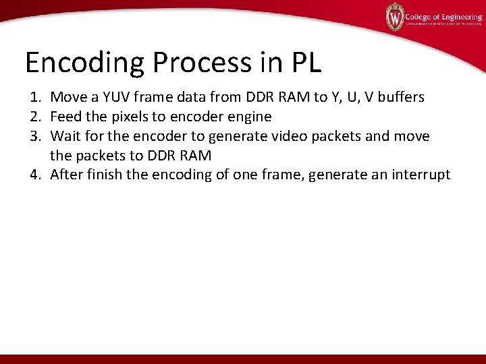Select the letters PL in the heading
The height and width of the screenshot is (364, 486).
[x=306, y=63]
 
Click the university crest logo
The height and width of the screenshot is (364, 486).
[x=394, y=17]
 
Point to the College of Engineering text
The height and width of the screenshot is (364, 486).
[x=443, y=16]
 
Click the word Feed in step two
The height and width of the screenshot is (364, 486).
[x=66, y=117]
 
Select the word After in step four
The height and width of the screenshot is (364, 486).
[x=68, y=175]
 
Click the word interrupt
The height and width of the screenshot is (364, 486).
[x=420, y=175]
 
